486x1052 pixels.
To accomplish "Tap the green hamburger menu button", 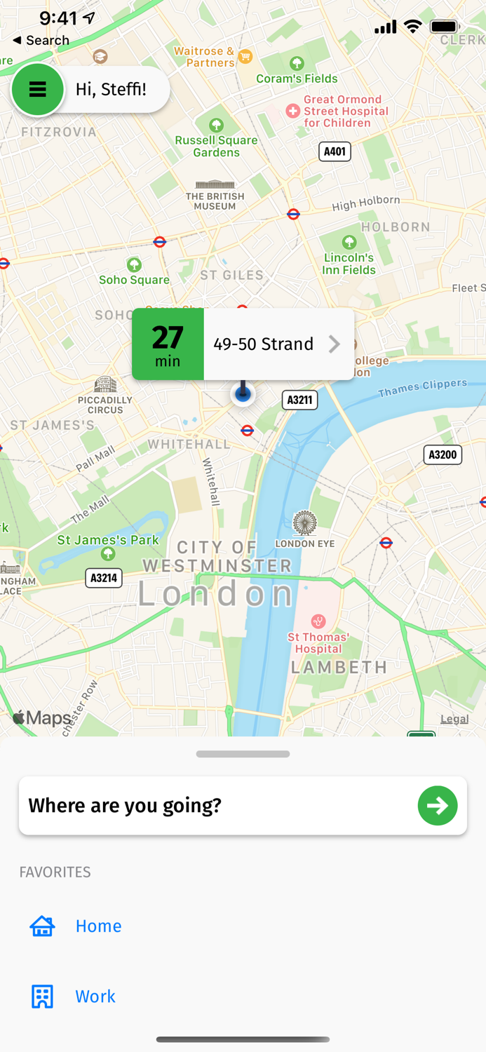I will pos(37,89).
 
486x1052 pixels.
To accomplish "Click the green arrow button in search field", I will pos(438,805).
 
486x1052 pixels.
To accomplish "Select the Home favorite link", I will pos(98,926).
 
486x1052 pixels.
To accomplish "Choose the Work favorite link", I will pos(95,996).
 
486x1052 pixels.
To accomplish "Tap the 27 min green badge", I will pos(168,344).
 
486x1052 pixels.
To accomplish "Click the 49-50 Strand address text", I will pos(263,344).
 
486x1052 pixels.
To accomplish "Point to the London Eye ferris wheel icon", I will pos(304,523).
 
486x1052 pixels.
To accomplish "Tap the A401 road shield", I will pos(335,151).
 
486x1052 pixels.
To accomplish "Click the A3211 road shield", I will pos(299,400).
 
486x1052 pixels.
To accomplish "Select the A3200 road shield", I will pos(443,454).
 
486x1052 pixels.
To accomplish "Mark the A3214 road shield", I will pos(104,578).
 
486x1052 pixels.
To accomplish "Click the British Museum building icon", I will pos(215,184).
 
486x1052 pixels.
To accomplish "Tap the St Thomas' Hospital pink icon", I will pos(318,621).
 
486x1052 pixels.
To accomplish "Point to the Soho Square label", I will pos(134,280).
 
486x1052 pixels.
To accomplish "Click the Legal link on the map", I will pos(454,719).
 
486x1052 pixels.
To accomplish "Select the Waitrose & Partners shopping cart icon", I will pos(245,56).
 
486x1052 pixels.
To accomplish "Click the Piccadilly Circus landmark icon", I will pos(105,384).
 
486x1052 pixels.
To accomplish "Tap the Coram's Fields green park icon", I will pos(297,63).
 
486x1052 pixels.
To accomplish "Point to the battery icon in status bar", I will pos(445,27).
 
